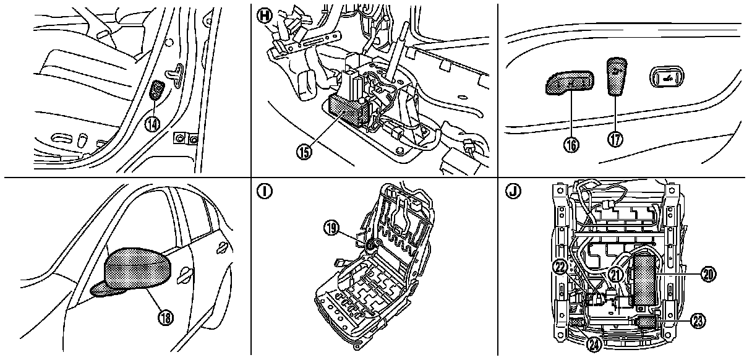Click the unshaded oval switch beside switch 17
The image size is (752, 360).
[665, 77]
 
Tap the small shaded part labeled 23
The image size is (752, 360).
[646, 321]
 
